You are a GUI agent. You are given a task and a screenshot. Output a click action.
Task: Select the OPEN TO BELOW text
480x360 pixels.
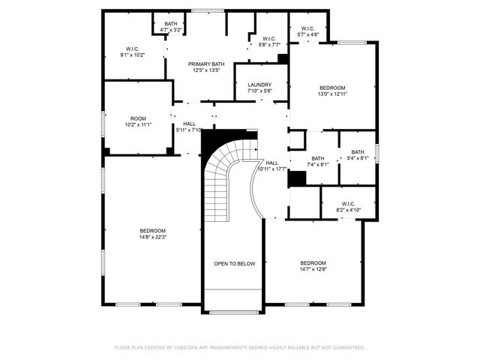coord(235,264)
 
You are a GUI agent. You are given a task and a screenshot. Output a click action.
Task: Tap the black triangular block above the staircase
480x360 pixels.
coord(217,139)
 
